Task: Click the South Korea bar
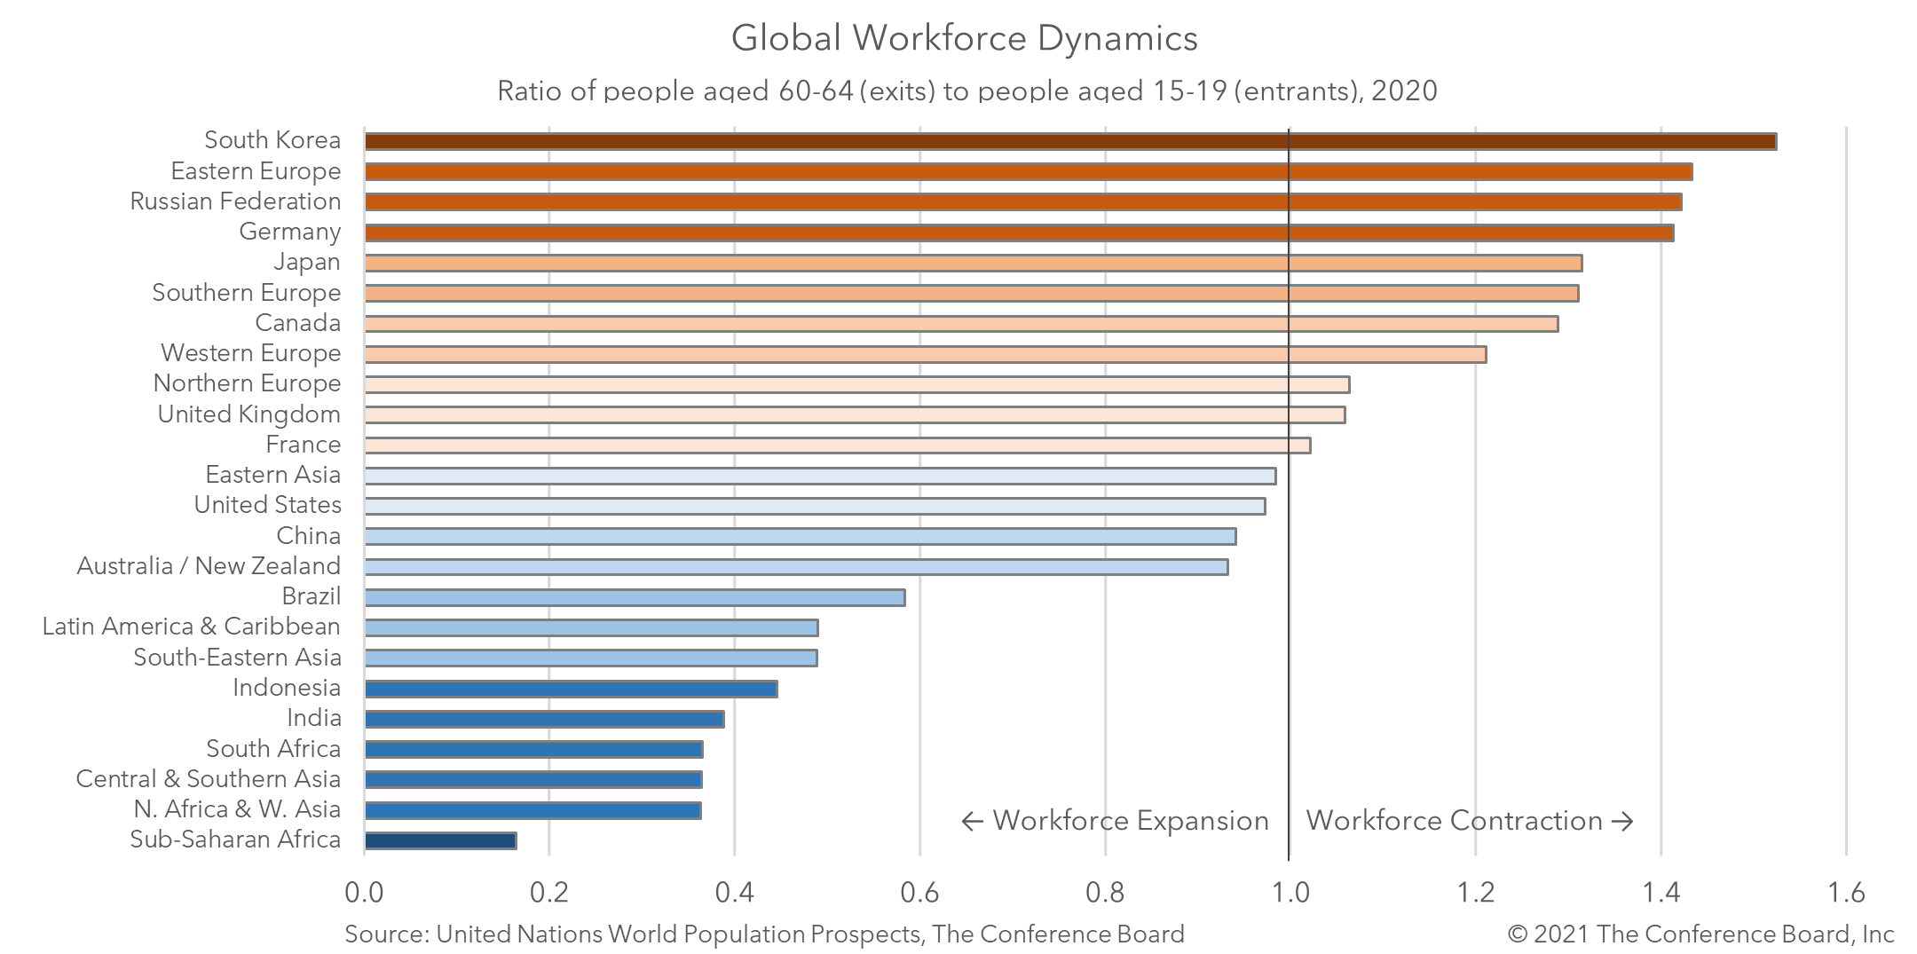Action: pos(1069,141)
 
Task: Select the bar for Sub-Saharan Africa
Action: pos(440,840)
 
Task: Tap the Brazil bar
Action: pos(635,597)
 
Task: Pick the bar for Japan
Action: pos(973,263)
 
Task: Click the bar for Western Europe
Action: pos(925,354)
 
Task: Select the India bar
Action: pos(544,719)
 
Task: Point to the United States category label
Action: pos(267,505)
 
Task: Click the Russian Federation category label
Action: pos(235,201)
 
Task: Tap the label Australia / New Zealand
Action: pos(209,566)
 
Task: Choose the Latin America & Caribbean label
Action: pos(191,627)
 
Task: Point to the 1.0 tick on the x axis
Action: pos(1289,892)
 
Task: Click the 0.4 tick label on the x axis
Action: pos(734,892)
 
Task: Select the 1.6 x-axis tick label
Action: pos(1846,892)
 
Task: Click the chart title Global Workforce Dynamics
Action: pos(964,38)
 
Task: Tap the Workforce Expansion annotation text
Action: pos(1115,821)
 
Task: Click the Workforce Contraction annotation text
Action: pos(1469,821)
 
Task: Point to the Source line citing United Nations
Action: pos(764,934)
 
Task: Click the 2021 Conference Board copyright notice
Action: pos(1700,934)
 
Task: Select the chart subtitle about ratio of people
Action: pos(966,91)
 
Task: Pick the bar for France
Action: pos(837,445)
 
